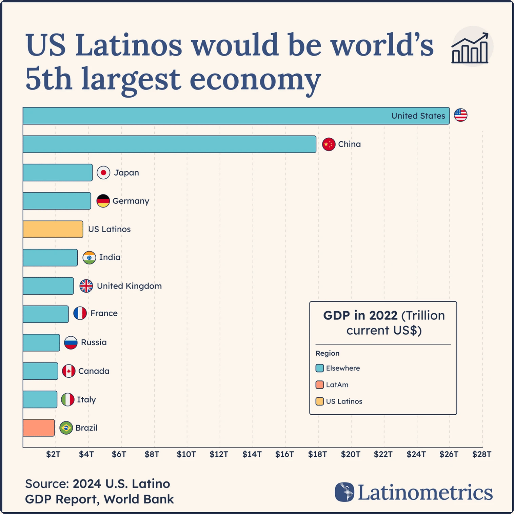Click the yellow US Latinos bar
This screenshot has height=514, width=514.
pos(53,229)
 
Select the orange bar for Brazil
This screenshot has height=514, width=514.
pos(39,428)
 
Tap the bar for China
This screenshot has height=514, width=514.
pos(170,144)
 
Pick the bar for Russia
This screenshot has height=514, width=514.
pos(41,342)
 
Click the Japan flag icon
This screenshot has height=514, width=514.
pos(103,173)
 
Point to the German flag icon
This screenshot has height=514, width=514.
pos(103,201)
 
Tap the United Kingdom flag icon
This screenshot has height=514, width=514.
pos(86,286)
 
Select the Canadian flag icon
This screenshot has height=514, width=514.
pos(69,371)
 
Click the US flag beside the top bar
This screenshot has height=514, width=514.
pos(460,115)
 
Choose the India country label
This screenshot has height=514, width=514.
pos(110,257)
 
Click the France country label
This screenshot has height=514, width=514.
pos(104,313)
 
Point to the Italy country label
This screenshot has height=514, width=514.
pos(86,399)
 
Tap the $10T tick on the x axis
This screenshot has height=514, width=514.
pos(186,454)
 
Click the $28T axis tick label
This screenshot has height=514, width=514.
pos(481,454)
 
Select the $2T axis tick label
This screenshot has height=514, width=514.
pos(53,454)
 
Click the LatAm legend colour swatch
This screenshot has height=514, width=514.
pos(319,385)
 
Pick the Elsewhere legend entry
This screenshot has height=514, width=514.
pos(342,368)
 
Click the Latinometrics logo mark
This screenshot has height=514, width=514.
pos(344,492)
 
